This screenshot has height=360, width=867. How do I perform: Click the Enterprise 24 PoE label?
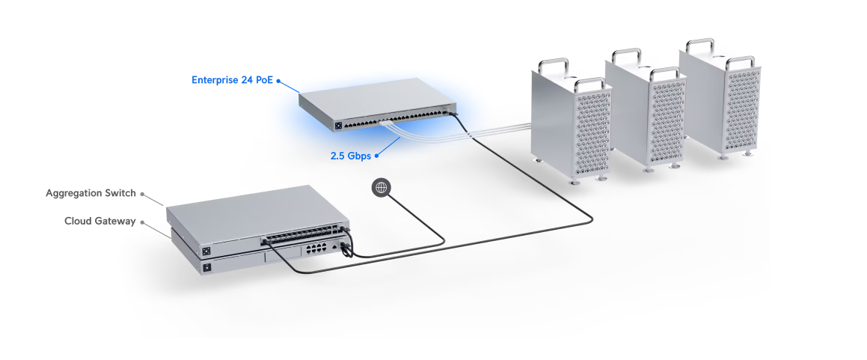click(x=233, y=79)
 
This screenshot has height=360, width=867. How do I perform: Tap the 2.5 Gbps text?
click(x=350, y=156)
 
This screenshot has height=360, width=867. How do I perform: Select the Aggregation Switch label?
click(x=91, y=193)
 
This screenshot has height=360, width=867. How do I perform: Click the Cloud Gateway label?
click(x=100, y=221)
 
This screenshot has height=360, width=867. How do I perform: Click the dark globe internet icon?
click(x=382, y=187)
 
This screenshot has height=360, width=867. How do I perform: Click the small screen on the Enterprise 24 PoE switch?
click(x=337, y=125)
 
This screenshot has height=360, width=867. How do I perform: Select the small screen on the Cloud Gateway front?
click(x=206, y=267)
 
